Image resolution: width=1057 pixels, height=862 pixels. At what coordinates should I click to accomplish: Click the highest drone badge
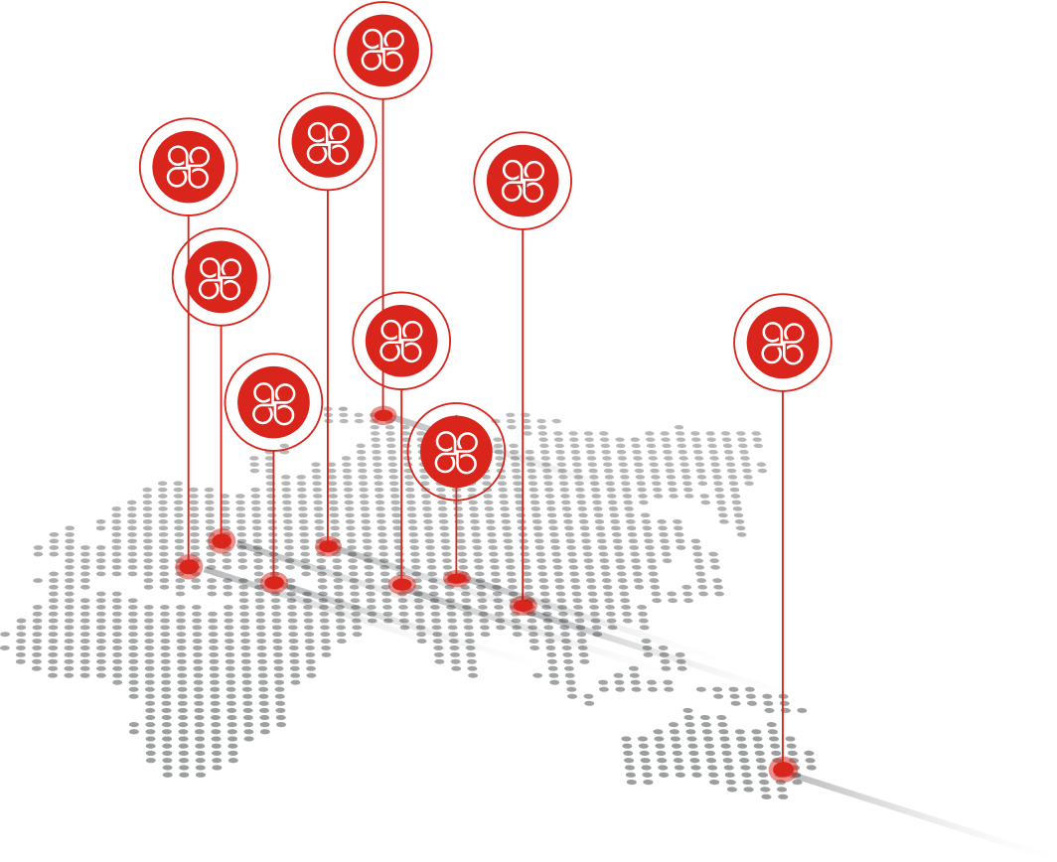[x=382, y=50]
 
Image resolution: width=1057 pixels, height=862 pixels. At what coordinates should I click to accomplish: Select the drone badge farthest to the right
[x=782, y=342]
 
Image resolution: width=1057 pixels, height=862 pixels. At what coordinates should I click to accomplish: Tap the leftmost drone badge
[x=188, y=167]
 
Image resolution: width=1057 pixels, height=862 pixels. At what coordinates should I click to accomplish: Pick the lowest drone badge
[x=456, y=451]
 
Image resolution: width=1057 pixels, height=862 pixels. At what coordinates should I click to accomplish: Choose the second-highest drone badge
[x=328, y=141]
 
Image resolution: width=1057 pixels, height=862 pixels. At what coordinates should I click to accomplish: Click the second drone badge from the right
[x=523, y=181]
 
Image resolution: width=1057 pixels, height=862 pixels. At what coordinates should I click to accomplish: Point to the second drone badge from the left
[x=221, y=277]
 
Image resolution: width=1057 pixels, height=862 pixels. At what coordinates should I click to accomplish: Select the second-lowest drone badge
[x=273, y=401]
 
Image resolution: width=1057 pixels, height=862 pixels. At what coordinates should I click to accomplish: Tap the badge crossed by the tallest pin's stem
[x=401, y=341]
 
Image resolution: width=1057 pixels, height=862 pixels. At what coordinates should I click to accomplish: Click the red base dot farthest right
[x=782, y=769]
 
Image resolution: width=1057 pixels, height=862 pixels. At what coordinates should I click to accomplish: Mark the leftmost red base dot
[x=189, y=566]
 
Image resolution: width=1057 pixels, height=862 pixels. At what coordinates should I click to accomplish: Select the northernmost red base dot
[x=383, y=414]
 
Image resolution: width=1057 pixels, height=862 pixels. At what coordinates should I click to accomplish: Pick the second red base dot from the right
[x=523, y=605]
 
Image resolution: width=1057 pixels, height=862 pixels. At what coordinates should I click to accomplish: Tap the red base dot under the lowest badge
[x=456, y=577]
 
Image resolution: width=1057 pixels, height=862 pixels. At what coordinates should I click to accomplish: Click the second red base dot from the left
[x=223, y=540]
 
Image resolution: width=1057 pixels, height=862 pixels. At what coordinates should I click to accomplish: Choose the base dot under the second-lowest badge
[x=273, y=581]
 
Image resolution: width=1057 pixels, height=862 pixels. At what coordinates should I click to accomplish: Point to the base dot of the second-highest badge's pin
[x=328, y=545]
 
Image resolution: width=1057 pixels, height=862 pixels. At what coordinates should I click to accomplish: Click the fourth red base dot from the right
[x=401, y=583]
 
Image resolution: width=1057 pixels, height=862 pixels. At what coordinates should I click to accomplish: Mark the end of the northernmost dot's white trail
[x=651, y=500]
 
